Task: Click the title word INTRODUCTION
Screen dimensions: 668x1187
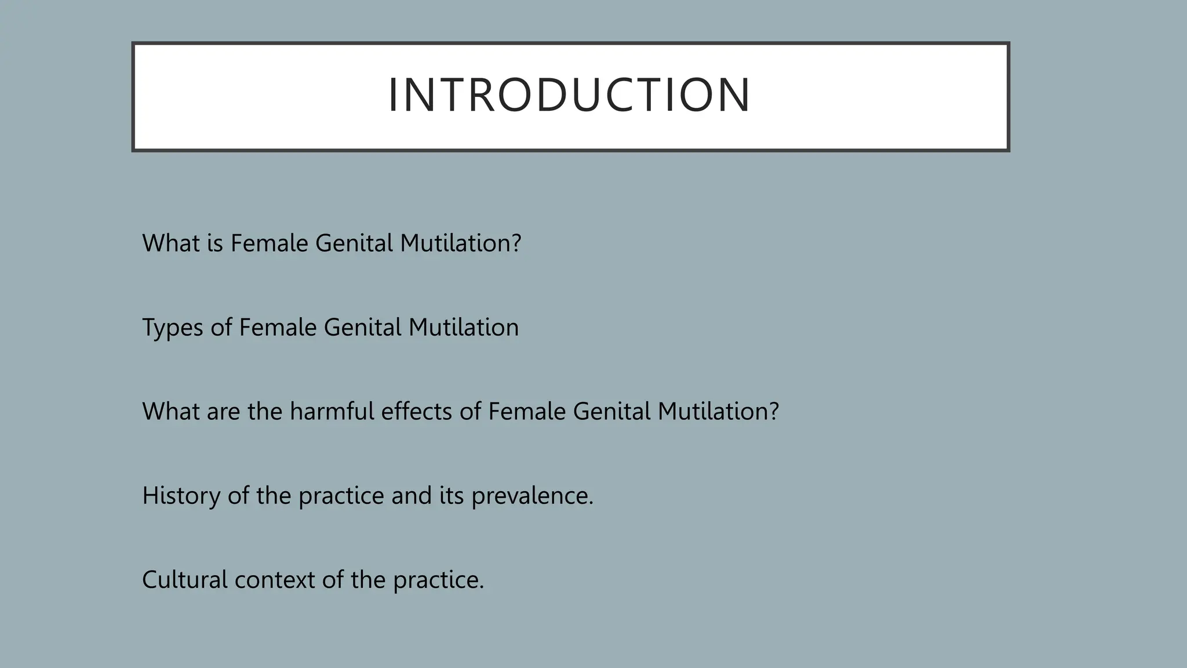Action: point(569,96)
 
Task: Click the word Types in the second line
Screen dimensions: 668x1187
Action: point(172,328)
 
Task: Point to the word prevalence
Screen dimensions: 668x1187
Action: point(531,496)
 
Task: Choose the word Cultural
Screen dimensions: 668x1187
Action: point(184,580)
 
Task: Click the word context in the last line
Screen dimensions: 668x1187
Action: point(274,580)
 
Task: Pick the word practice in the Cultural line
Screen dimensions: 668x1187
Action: point(438,580)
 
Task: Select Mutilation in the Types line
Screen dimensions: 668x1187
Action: point(463,328)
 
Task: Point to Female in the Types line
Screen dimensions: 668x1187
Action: point(277,328)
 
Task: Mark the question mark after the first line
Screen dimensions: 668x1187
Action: point(516,244)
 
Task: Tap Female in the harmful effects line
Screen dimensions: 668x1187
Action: point(526,412)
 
